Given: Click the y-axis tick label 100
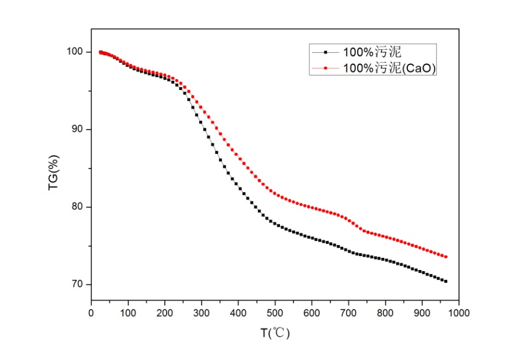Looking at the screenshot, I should tap(75, 52).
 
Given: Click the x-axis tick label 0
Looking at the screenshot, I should tap(91, 313).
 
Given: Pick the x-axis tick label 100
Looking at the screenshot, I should tap(128, 313).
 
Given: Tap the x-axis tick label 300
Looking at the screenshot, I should tap(201, 313).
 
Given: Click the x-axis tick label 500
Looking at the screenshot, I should tap(275, 313).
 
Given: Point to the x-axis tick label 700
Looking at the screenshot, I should tap(349, 313).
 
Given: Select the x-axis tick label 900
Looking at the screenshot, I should tap(422, 313).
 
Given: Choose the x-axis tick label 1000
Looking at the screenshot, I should tap(459, 313).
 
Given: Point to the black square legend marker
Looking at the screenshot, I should tap(326, 52).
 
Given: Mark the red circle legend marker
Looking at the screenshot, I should tap(326, 69).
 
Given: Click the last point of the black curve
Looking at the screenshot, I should tap(445, 281).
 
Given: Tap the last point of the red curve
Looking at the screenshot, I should tap(445, 257).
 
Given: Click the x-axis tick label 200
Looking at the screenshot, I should tap(165, 313).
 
